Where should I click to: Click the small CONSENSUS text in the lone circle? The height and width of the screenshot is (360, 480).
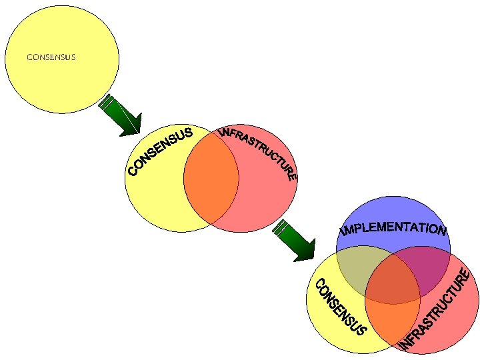[x=51, y=57]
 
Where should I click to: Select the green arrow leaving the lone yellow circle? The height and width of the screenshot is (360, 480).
[x=120, y=116]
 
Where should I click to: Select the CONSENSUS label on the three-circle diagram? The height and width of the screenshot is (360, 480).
[x=339, y=307]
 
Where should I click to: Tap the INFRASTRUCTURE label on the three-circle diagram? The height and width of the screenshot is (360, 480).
[x=437, y=309]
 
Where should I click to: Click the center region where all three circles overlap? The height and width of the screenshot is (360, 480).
[x=392, y=280]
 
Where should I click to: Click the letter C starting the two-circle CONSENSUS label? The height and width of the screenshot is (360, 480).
[x=133, y=172]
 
